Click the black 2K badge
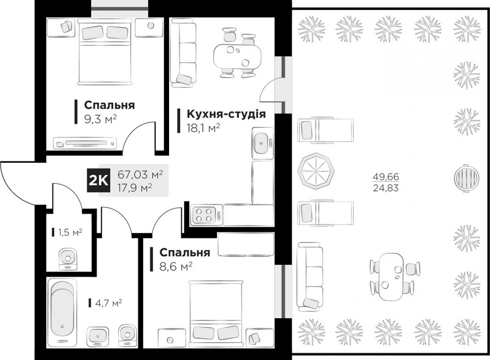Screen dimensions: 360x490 (x=99, y=180)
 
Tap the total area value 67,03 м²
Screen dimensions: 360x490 (x=140, y=174)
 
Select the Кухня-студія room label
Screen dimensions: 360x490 (x=226, y=114)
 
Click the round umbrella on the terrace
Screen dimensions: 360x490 (x=315, y=170)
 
